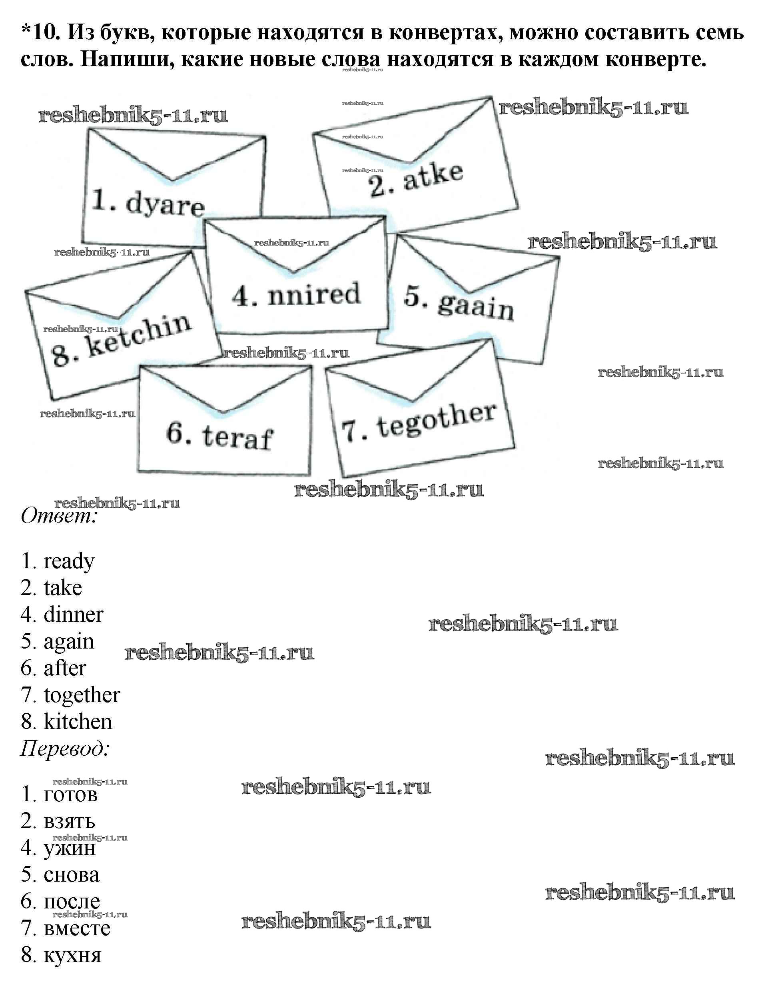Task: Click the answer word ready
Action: click(69, 562)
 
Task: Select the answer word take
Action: click(63, 587)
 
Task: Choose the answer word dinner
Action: click(74, 614)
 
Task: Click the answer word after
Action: click(65, 668)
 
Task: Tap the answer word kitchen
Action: click(78, 721)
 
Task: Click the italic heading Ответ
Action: click(59, 516)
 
